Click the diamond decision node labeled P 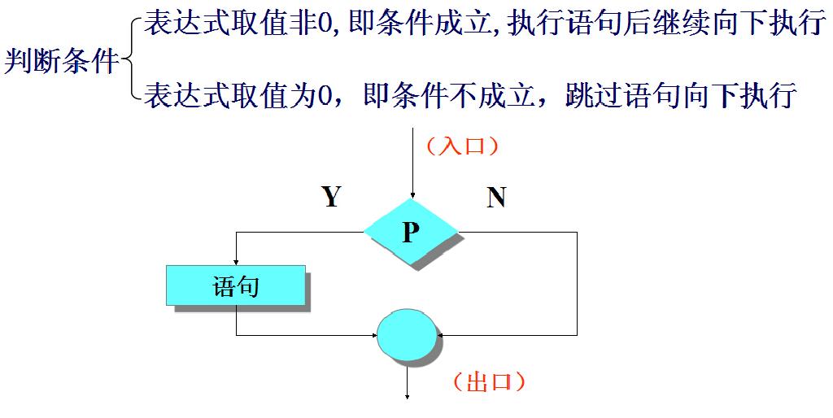point(411,233)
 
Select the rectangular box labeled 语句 point(236,285)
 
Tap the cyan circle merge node point(408,334)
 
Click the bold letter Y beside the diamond point(330,196)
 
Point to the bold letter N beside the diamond point(495,198)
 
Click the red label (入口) point(462,146)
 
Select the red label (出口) point(488,381)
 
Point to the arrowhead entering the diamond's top point(413,194)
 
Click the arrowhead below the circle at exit point(408,396)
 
